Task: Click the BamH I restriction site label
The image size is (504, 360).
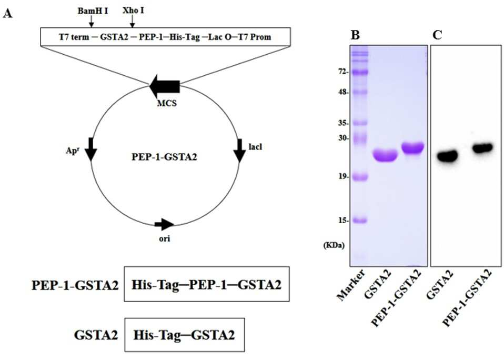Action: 93,11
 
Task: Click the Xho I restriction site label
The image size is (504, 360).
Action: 133,11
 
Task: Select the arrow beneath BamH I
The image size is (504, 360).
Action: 92,22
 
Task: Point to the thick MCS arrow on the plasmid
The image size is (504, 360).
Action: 165,86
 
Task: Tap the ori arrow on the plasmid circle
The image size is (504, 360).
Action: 164,224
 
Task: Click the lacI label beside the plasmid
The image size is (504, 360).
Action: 255,147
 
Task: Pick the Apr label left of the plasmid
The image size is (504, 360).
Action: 72,151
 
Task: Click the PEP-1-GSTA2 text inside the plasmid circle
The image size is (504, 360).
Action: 164,157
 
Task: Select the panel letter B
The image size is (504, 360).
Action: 355,35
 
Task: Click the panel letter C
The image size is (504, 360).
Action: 438,35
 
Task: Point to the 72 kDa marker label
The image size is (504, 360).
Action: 344,72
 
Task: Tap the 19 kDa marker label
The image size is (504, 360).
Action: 344,177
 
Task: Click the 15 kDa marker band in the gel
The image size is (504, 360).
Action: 359,221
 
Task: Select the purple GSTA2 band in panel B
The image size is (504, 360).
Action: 385,156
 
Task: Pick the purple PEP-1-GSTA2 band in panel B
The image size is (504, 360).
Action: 412,148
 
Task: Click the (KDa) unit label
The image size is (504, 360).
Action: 334,246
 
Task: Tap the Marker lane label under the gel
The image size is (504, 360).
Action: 351,285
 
